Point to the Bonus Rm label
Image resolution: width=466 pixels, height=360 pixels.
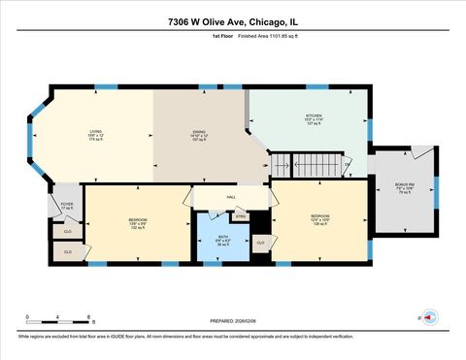(x=404, y=187)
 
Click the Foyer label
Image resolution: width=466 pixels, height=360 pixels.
(x=67, y=206)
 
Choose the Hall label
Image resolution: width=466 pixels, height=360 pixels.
(x=231, y=196)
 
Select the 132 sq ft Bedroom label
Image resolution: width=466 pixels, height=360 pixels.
(x=138, y=224)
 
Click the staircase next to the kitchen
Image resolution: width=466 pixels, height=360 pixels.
(x=308, y=166)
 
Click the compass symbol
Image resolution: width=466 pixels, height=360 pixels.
(x=429, y=316)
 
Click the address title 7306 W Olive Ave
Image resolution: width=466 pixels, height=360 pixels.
(x=233, y=20)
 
